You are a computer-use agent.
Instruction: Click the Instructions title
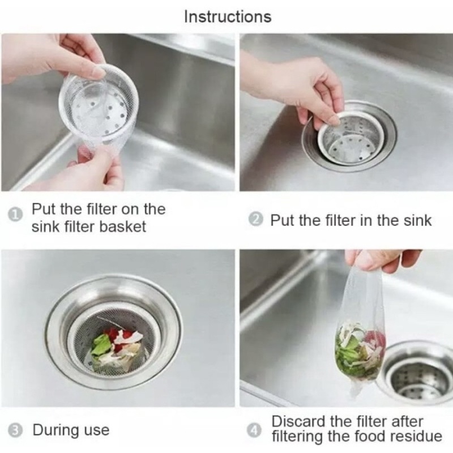click(x=228, y=16)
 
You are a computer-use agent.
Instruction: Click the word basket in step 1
click(x=122, y=226)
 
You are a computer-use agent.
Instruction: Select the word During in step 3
click(x=55, y=430)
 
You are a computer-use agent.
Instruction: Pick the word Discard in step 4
click(x=298, y=421)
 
